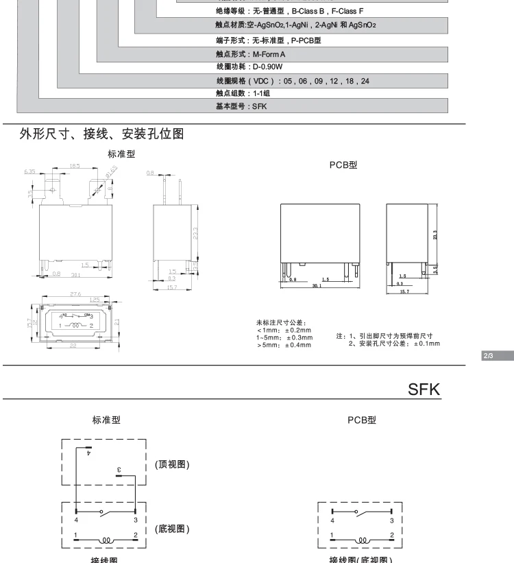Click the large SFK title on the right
pos(423,389)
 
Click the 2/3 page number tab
pos(488,355)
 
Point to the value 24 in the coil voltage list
pos(365,80)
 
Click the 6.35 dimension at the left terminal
pos(29,172)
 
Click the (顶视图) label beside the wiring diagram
pos(169,464)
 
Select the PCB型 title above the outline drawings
pos(343,165)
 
